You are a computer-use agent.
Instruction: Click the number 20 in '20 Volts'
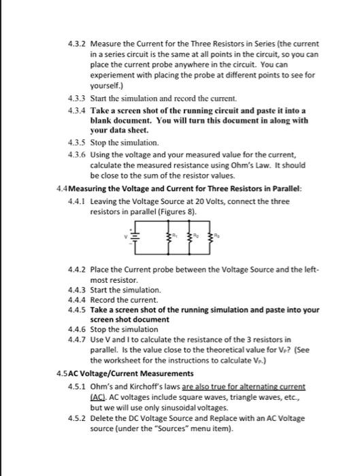190,201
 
